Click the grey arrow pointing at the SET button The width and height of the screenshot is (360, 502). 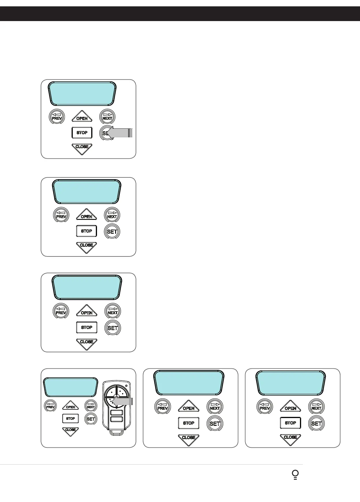click(x=120, y=133)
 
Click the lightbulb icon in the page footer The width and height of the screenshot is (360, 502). click(x=295, y=475)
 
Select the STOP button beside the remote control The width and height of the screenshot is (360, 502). click(x=70, y=418)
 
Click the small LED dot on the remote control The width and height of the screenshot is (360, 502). click(x=126, y=385)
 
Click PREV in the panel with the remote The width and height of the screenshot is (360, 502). click(x=50, y=406)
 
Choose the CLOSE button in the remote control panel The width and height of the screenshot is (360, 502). click(x=70, y=431)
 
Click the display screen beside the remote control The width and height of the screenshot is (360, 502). click(x=71, y=387)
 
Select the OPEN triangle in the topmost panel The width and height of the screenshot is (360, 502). click(x=82, y=117)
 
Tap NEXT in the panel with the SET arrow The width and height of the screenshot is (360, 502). click(x=107, y=117)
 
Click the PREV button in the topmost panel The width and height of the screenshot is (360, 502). click(x=57, y=117)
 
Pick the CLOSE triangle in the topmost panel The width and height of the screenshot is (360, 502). click(x=82, y=148)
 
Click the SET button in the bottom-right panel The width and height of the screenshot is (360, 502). click(x=316, y=424)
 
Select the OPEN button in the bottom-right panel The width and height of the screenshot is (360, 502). click(x=290, y=407)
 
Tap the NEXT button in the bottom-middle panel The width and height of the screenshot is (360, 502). click(x=215, y=407)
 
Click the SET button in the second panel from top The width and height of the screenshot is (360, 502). click(x=112, y=231)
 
